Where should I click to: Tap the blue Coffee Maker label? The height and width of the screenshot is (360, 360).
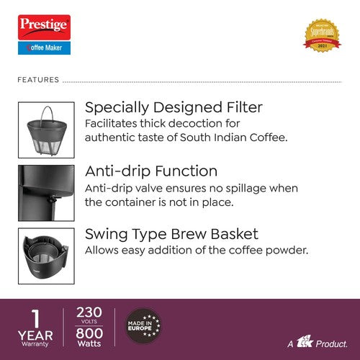42,48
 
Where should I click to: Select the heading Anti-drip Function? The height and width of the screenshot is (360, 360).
151,171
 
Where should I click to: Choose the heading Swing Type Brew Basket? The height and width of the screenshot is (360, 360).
171,234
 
